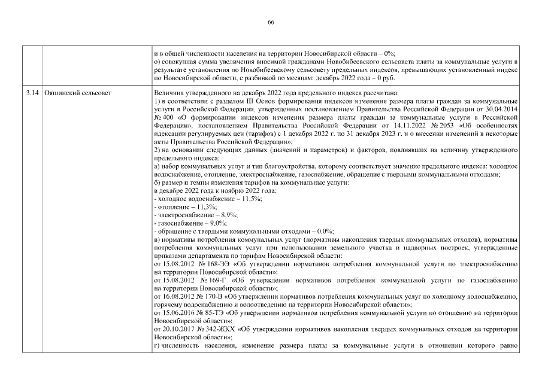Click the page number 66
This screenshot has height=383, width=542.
click(x=271, y=22)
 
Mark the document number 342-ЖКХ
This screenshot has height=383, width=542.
click(x=210, y=330)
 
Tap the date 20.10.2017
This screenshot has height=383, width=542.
click(x=177, y=330)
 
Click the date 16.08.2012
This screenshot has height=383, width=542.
click(x=177, y=297)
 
